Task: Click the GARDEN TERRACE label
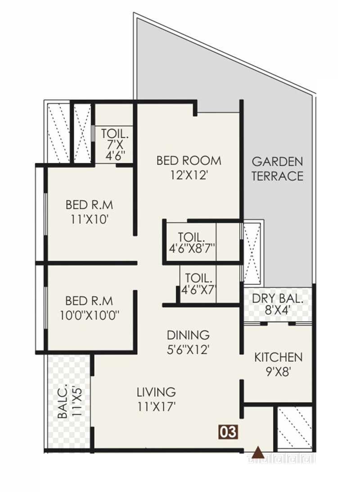[277, 168]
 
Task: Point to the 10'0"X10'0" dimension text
[90, 314]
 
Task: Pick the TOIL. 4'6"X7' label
[197, 284]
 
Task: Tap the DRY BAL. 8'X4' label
[277, 304]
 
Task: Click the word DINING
[188, 335]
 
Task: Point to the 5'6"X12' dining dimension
[188, 349]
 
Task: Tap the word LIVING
[156, 392]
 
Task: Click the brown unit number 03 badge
[228, 432]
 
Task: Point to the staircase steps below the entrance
[282, 460]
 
